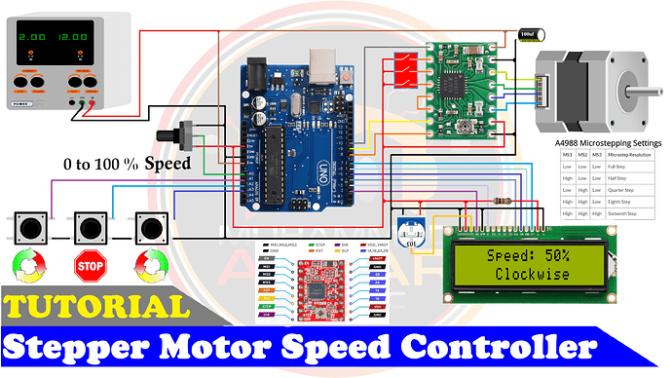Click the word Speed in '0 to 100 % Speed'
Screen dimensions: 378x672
(x=168, y=164)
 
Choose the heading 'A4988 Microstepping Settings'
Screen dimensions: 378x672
(x=608, y=143)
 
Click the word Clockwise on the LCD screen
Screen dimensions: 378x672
(x=531, y=274)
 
